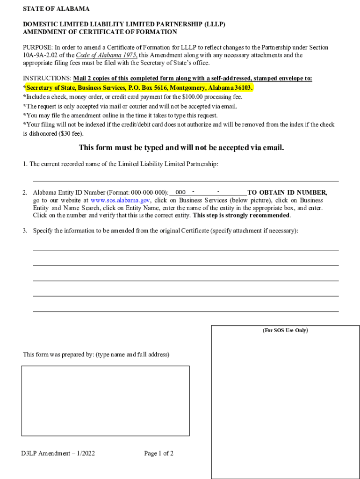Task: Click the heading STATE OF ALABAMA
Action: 56,9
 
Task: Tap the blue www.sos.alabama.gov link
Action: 120,200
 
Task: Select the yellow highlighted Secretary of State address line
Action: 138,88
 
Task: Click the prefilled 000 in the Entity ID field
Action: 180,192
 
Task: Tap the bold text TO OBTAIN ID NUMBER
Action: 287,192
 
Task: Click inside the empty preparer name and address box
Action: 105,400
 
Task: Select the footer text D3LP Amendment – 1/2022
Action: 58,453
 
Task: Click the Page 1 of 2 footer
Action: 159,453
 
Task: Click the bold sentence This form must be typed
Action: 181,148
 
